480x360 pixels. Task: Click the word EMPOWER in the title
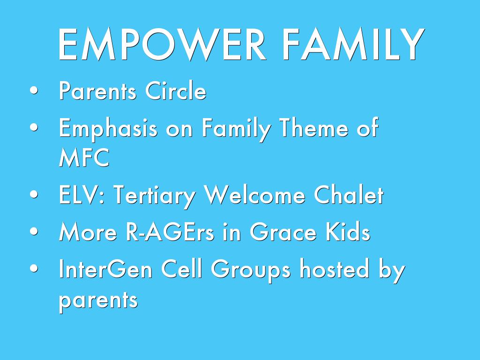coord(162,44)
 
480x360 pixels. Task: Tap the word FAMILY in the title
coord(353,44)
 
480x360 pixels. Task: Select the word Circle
coord(175,90)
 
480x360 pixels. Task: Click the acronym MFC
coord(84,157)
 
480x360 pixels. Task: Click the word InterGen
coord(105,268)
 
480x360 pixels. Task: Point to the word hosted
coord(334,268)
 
